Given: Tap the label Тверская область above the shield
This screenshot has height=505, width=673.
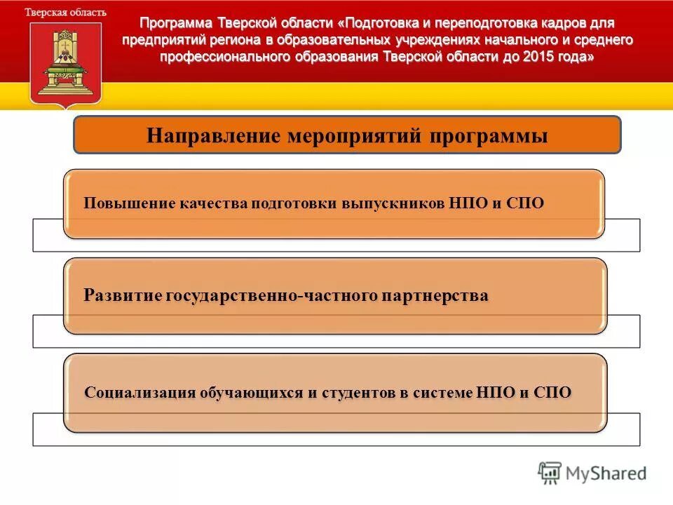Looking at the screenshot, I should [x=66, y=13].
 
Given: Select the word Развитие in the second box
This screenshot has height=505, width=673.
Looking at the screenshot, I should [x=123, y=296].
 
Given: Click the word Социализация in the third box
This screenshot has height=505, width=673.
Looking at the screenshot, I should [x=140, y=392].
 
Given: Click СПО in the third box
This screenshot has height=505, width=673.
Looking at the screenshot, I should [x=553, y=392].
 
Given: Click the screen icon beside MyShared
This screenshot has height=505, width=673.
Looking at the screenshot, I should [x=550, y=473].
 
